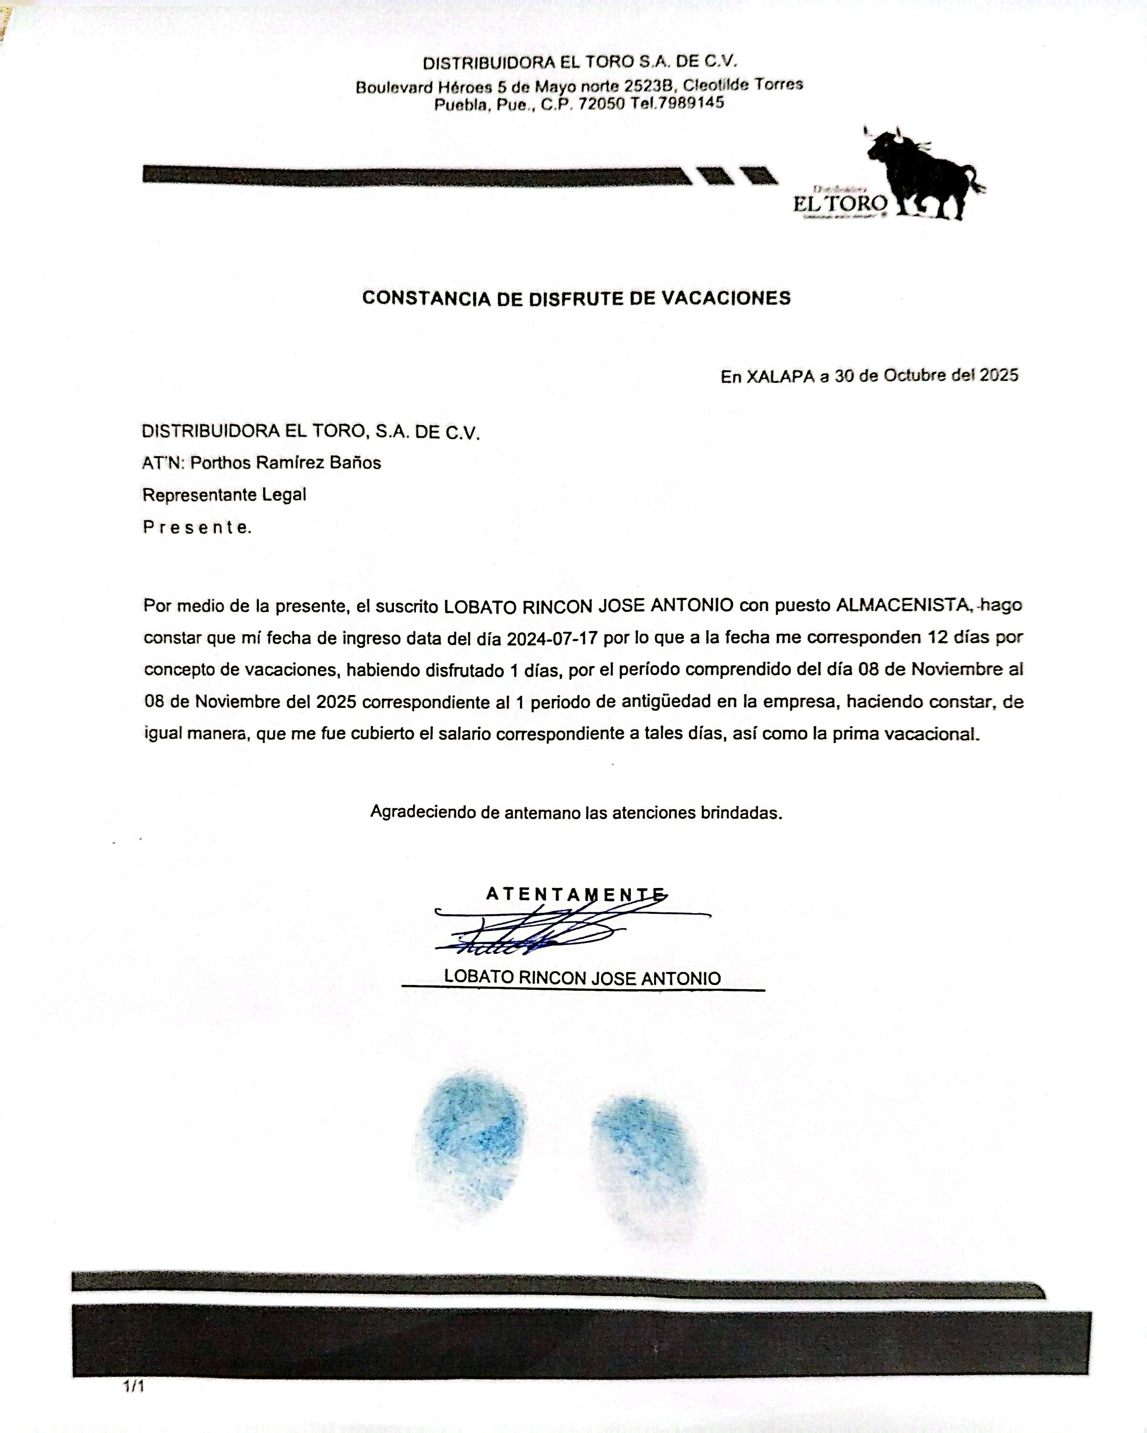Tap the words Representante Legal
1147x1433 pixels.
224,494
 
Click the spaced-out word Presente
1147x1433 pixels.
197,527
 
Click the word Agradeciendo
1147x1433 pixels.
423,812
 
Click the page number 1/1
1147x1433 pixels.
133,1387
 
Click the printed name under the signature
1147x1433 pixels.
582,978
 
